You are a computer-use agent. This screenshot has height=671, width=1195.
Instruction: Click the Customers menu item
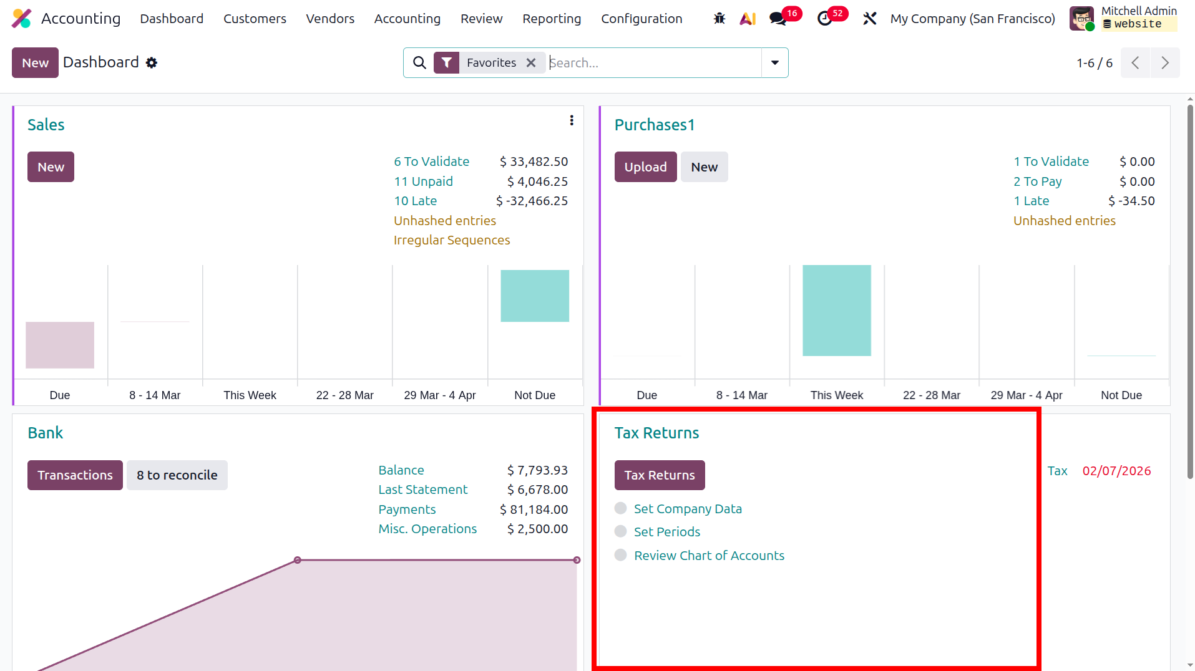pyautogui.click(x=255, y=19)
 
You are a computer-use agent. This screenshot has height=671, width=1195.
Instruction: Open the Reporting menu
pyautogui.click(x=552, y=19)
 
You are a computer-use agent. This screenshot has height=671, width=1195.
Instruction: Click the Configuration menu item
pyautogui.click(x=641, y=19)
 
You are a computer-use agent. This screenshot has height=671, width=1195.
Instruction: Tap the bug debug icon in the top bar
pyautogui.click(x=719, y=19)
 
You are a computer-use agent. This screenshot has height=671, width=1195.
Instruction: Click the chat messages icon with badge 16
pyautogui.click(x=778, y=19)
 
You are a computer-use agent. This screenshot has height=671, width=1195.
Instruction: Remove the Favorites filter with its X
pyautogui.click(x=531, y=62)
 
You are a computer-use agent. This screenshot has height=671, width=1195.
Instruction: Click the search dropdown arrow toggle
pyautogui.click(x=774, y=62)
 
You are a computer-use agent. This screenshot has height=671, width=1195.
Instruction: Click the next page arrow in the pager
pyautogui.click(x=1165, y=62)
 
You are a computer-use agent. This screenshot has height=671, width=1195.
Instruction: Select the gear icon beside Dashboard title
pyautogui.click(x=152, y=62)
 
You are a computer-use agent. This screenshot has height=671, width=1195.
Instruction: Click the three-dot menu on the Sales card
pyautogui.click(x=572, y=120)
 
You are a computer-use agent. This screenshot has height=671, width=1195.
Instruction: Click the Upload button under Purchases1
pyautogui.click(x=645, y=167)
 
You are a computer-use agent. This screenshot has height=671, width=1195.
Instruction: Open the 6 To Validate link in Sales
pyautogui.click(x=431, y=162)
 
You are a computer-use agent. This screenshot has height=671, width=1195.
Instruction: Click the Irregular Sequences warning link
pyautogui.click(x=452, y=240)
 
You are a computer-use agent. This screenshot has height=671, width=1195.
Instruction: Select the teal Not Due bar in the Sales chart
pyautogui.click(x=535, y=296)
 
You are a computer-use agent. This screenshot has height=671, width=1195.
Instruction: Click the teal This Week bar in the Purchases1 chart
pyautogui.click(x=837, y=311)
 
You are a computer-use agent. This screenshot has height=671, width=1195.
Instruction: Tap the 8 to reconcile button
pyautogui.click(x=177, y=475)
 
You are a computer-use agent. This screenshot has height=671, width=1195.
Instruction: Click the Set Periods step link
pyautogui.click(x=667, y=532)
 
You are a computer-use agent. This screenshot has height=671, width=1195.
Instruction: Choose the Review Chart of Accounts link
pyautogui.click(x=709, y=556)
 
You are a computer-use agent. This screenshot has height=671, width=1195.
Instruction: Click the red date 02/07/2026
pyautogui.click(x=1116, y=471)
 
